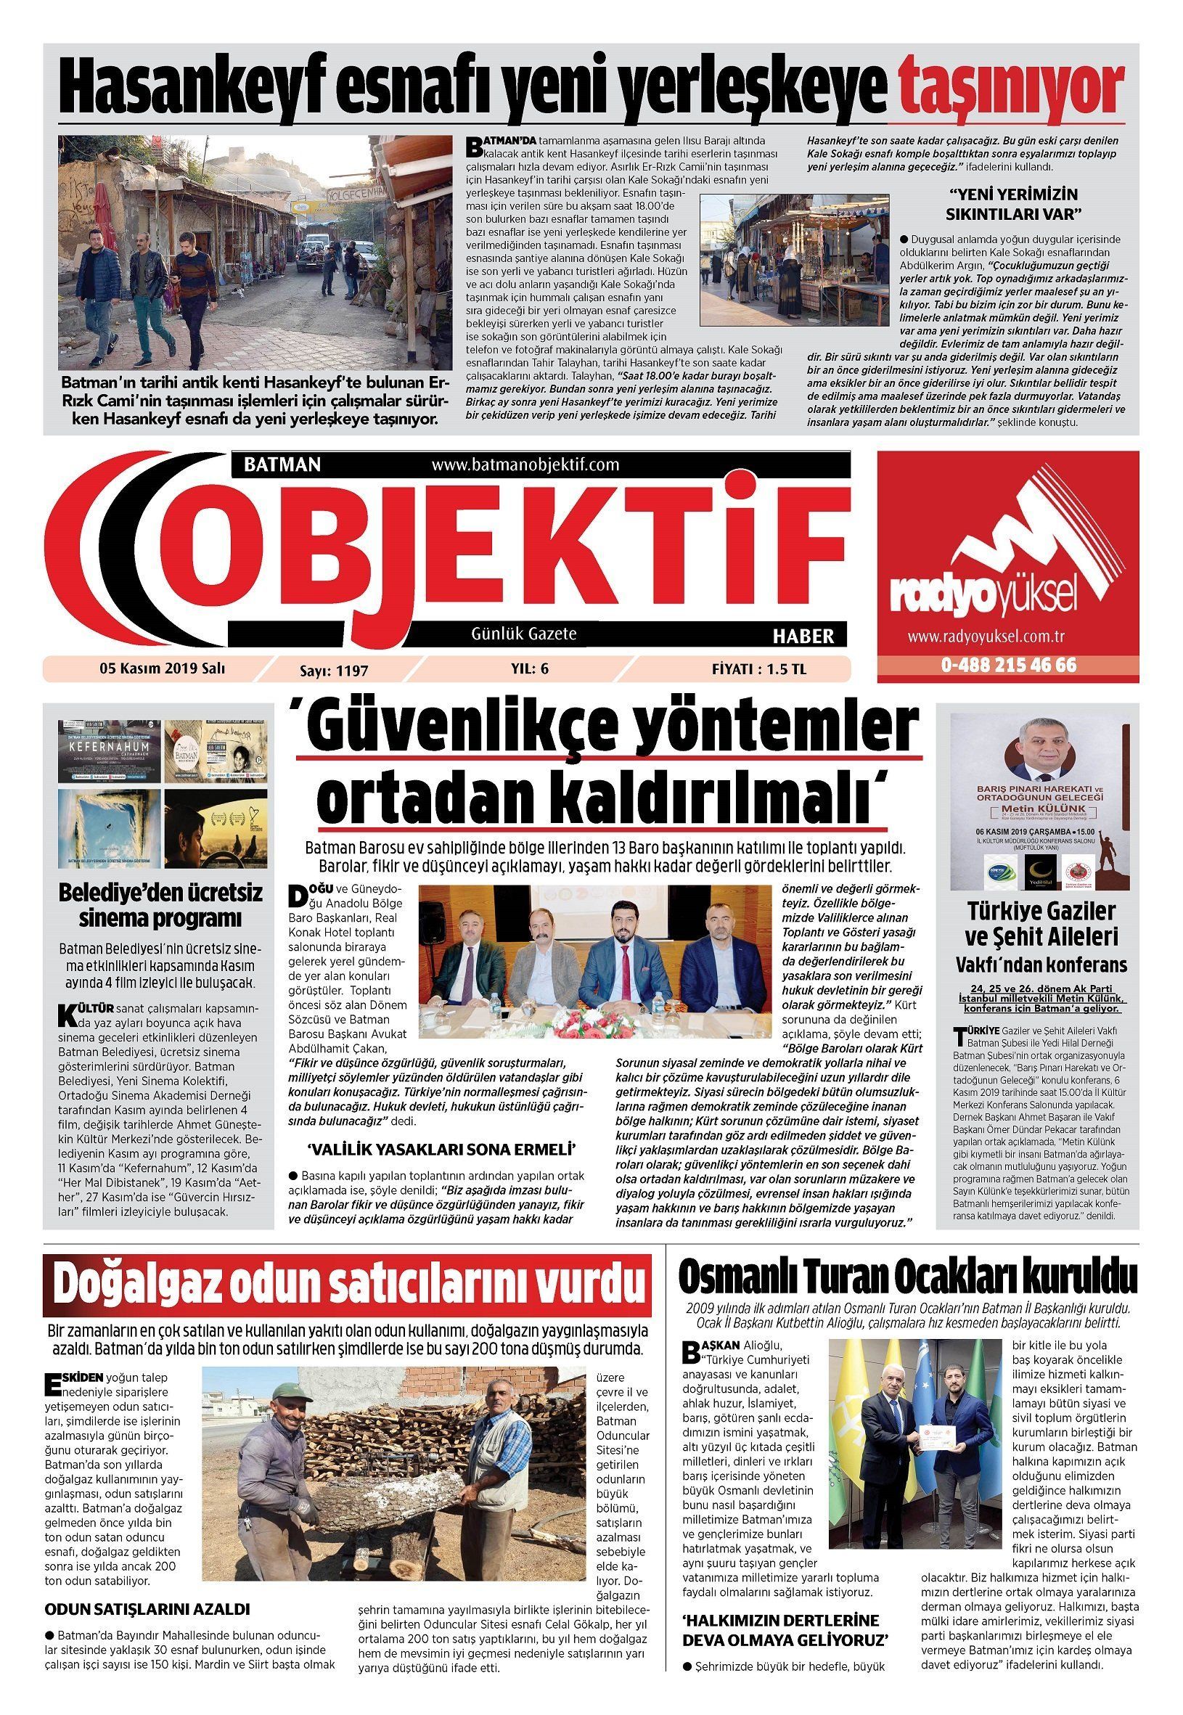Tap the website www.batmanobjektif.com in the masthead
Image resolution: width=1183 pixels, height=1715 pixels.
coord(525,464)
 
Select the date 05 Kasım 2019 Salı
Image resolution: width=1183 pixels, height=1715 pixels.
coord(163,668)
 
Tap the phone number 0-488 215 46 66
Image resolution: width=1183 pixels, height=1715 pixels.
coord(1009,665)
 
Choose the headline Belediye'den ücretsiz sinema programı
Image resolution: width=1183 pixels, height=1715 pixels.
coord(161,906)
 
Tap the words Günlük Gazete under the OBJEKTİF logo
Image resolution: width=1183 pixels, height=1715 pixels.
coord(523,634)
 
